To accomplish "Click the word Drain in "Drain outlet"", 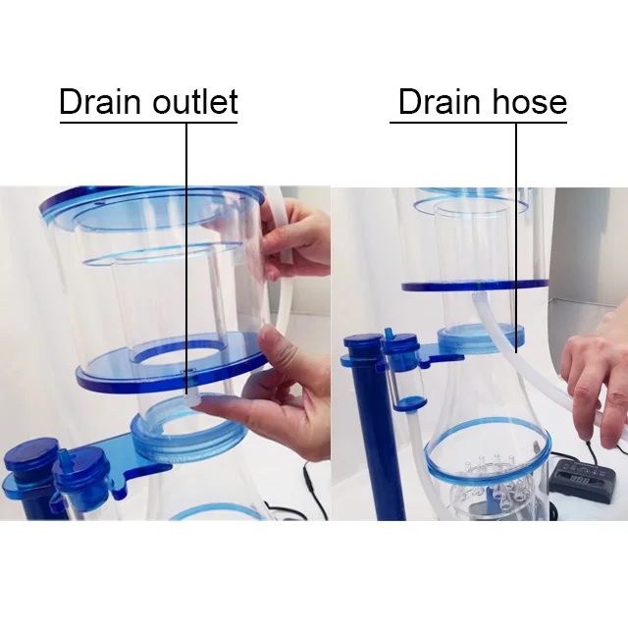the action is [x=100, y=102].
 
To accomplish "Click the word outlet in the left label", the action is [x=195, y=102].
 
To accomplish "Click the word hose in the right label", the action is [x=529, y=102].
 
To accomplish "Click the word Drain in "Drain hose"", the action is [x=439, y=102].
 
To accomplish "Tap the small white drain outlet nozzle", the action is [x=187, y=399].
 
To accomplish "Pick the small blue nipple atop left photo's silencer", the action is [x=64, y=455].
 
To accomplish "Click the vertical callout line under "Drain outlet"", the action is [x=186, y=259].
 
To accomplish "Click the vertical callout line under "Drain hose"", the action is [x=516, y=237].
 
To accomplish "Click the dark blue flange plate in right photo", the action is [x=475, y=286].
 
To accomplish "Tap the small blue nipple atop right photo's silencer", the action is [x=388, y=335].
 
